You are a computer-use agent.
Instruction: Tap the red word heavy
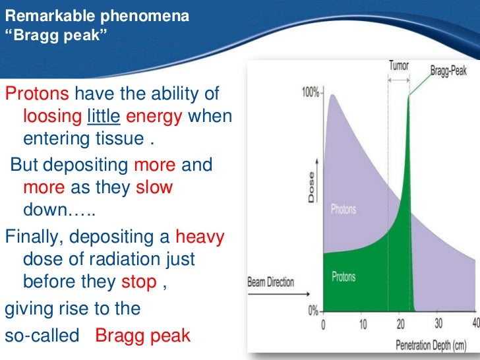click(200, 235)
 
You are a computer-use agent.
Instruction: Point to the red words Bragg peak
click(142, 335)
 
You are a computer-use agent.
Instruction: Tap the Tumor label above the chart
click(398, 67)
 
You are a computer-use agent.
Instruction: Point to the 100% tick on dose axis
click(311, 93)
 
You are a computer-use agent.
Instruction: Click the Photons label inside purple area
click(343, 210)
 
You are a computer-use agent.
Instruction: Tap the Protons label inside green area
click(344, 277)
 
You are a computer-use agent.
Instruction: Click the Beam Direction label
click(270, 282)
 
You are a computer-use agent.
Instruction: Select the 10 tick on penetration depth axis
click(363, 324)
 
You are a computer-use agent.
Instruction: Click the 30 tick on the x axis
click(439, 324)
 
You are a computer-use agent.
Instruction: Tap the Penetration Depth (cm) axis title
click(436, 345)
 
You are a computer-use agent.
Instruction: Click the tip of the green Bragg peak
click(409, 96)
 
